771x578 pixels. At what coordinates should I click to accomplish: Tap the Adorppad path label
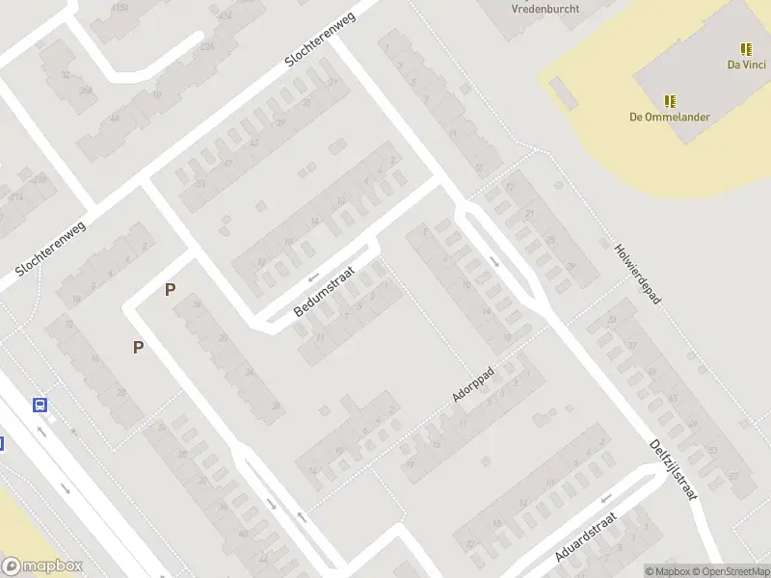point(473,384)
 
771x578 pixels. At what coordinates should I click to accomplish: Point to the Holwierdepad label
point(637,274)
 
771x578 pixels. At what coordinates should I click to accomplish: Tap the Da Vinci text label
point(746,66)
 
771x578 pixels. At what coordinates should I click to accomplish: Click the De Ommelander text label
point(670,118)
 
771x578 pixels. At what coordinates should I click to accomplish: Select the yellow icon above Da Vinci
point(746,48)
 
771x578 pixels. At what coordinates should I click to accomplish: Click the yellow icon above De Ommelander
point(670,100)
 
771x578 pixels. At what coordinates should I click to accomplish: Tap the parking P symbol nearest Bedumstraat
point(171,289)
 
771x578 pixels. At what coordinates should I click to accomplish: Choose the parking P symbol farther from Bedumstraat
point(139,347)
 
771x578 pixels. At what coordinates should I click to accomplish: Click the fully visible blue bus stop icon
point(40,406)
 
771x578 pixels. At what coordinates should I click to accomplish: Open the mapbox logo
point(42,565)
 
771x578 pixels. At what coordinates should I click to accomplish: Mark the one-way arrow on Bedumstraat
point(311,276)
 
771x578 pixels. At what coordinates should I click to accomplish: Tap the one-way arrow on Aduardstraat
point(606,499)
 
